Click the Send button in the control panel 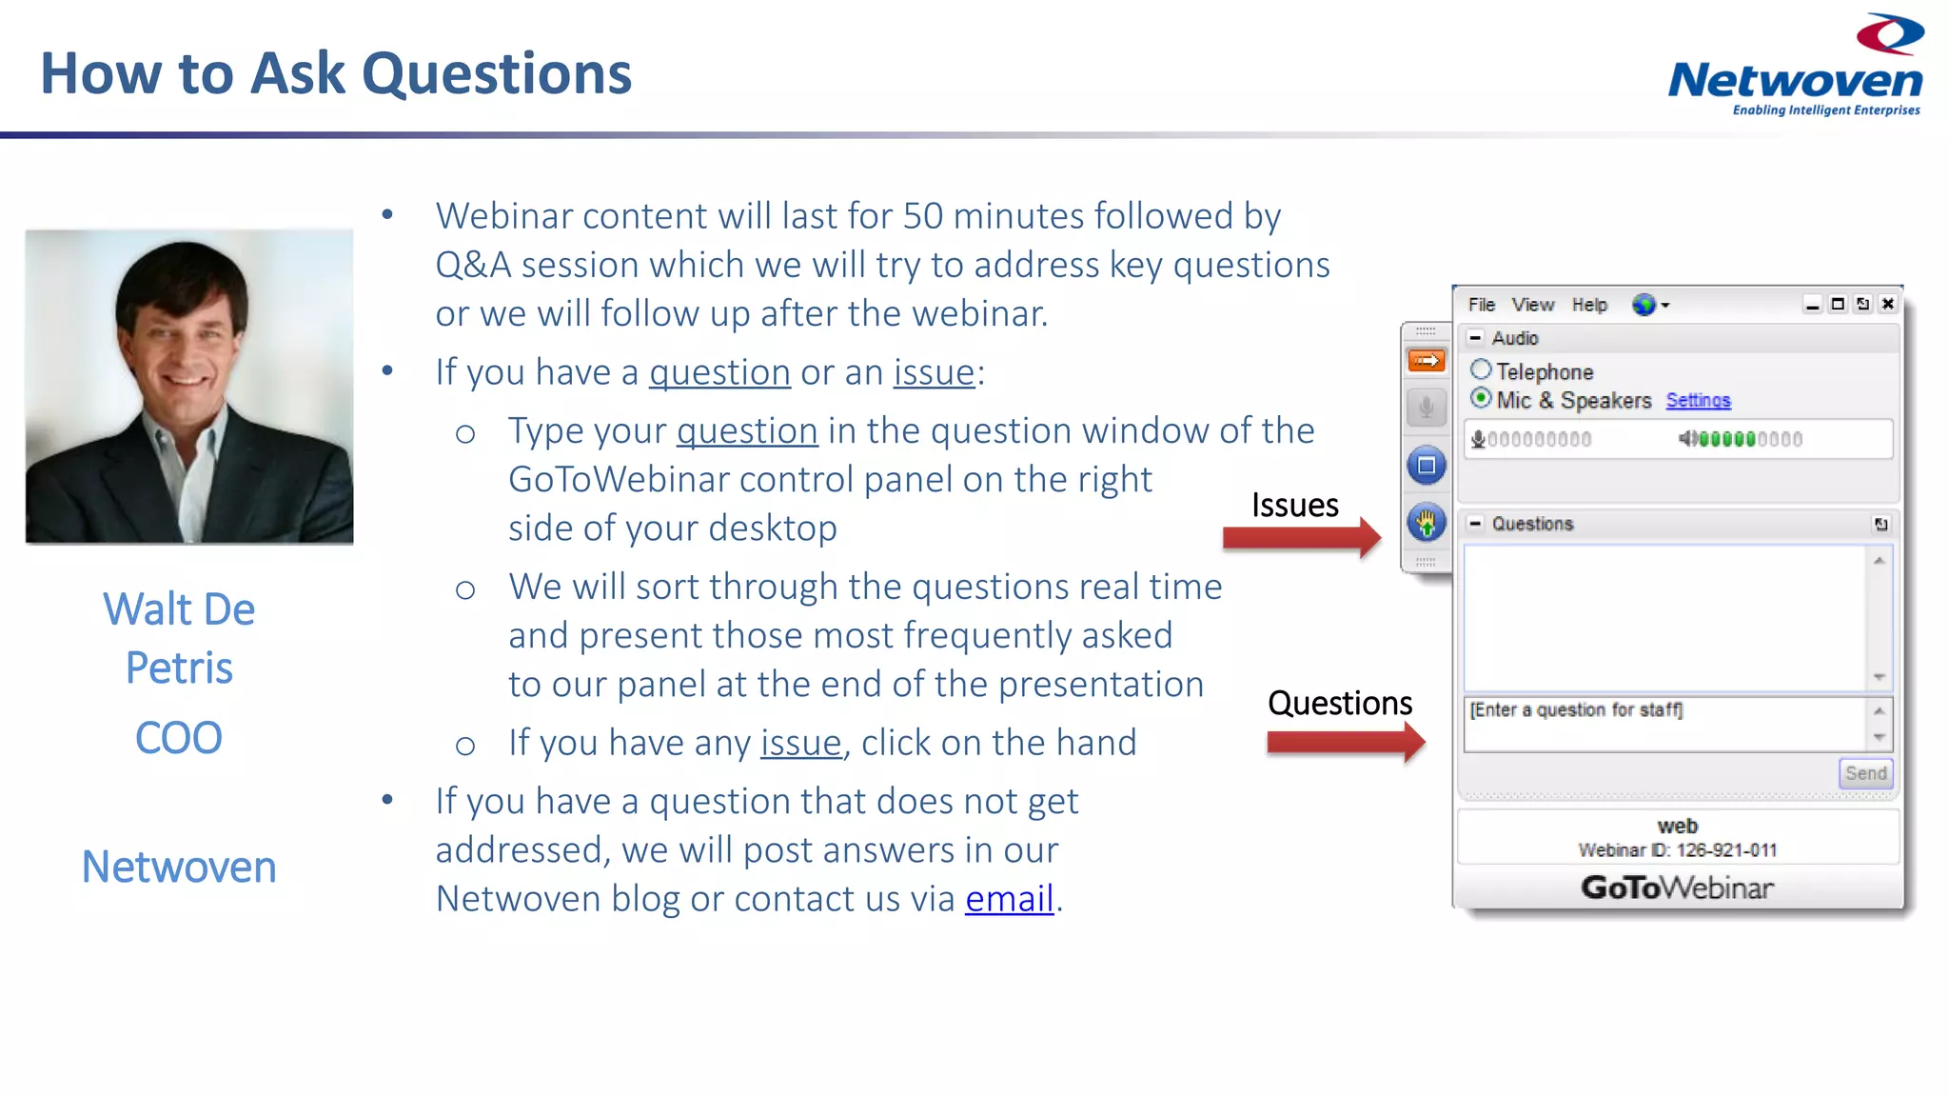click(x=1865, y=773)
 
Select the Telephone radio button click(x=1481, y=370)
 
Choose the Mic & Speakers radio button click(x=1481, y=399)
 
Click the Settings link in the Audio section click(x=1698, y=401)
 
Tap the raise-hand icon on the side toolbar click(x=1426, y=522)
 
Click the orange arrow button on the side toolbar click(x=1426, y=361)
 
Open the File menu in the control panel click(x=1481, y=305)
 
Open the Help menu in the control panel click(x=1589, y=305)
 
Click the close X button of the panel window click(x=1888, y=304)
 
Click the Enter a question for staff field click(x=1665, y=724)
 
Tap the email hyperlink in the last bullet click(x=1009, y=899)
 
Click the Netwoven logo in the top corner click(x=1796, y=67)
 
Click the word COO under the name click(x=179, y=738)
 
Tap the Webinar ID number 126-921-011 click(x=1726, y=850)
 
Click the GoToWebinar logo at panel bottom click(x=1677, y=888)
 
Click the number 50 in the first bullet click(x=922, y=216)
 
